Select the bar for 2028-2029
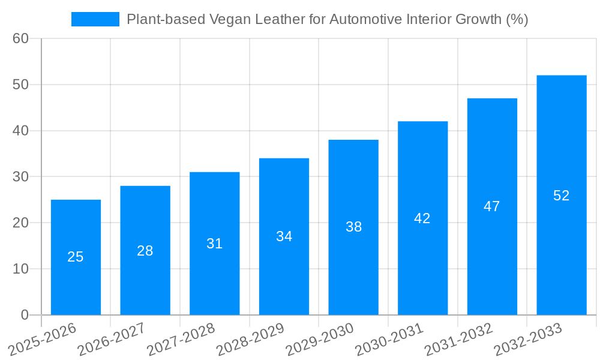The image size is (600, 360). pyautogui.click(x=284, y=270)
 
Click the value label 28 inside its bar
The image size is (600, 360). pyautogui.click(x=145, y=251)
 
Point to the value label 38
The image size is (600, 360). pyautogui.click(x=353, y=227)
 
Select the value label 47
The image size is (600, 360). pyautogui.click(x=492, y=206)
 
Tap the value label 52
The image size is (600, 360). pyautogui.click(x=561, y=196)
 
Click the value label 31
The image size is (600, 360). pyautogui.click(x=214, y=244)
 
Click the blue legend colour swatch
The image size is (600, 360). pyautogui.click(x=95, y=19)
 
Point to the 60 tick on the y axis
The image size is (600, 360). pyautogui.click(x=21, y=38)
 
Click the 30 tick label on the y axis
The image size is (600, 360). pyautogui.click(x=21, y=177)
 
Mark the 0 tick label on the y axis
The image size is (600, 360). pyautogui.click(x=25, y=315)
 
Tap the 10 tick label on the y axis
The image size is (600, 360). pyautogui.click(x=21, y=269)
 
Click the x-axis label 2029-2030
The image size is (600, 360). pyautogui.click(x=320, y=339)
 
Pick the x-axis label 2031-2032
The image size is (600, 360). pyautogui.click(x=458, y=339)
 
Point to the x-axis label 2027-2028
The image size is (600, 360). pyautogui.click(x=181, y=339)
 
